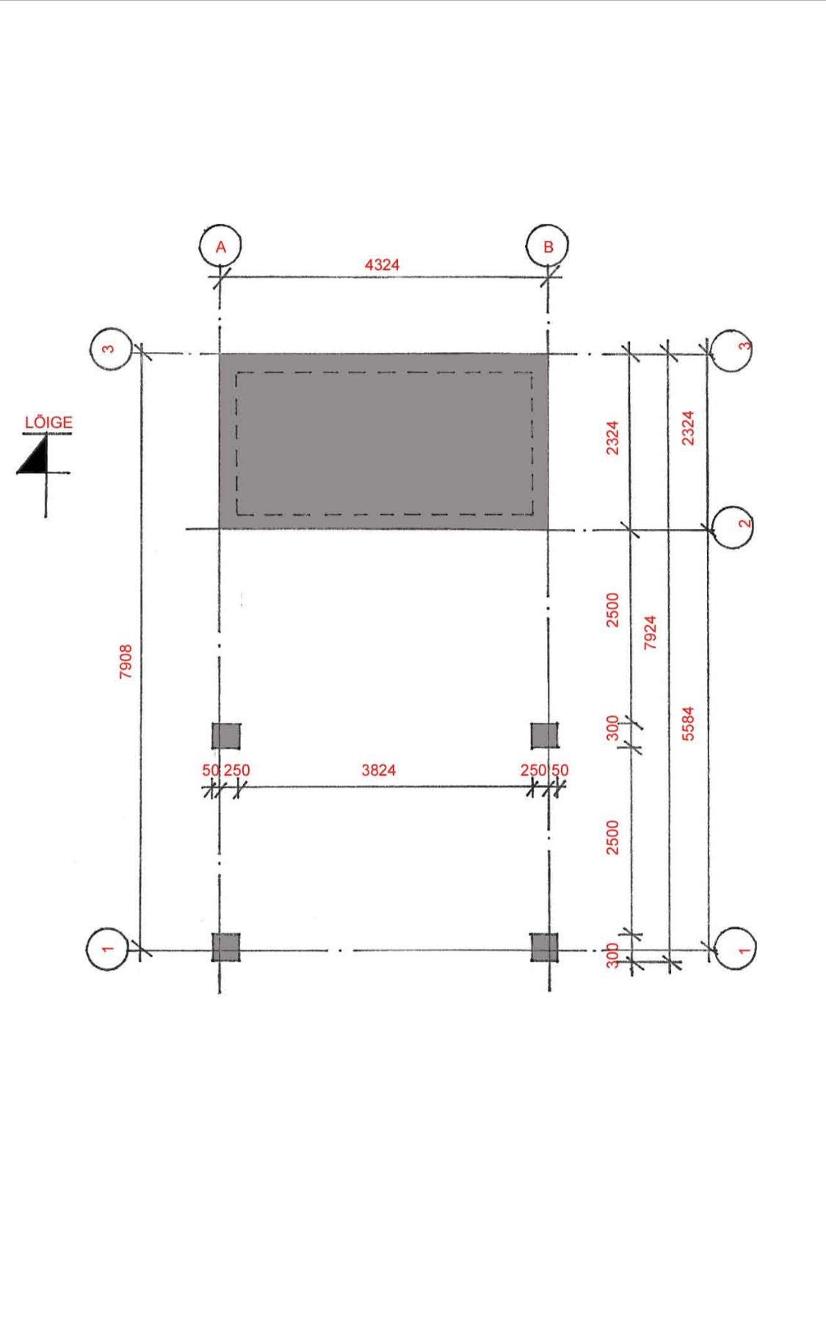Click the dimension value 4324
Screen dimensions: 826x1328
point(382,264)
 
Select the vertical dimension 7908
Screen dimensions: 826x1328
point(126,661)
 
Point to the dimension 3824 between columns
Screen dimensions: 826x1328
point(378,770)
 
